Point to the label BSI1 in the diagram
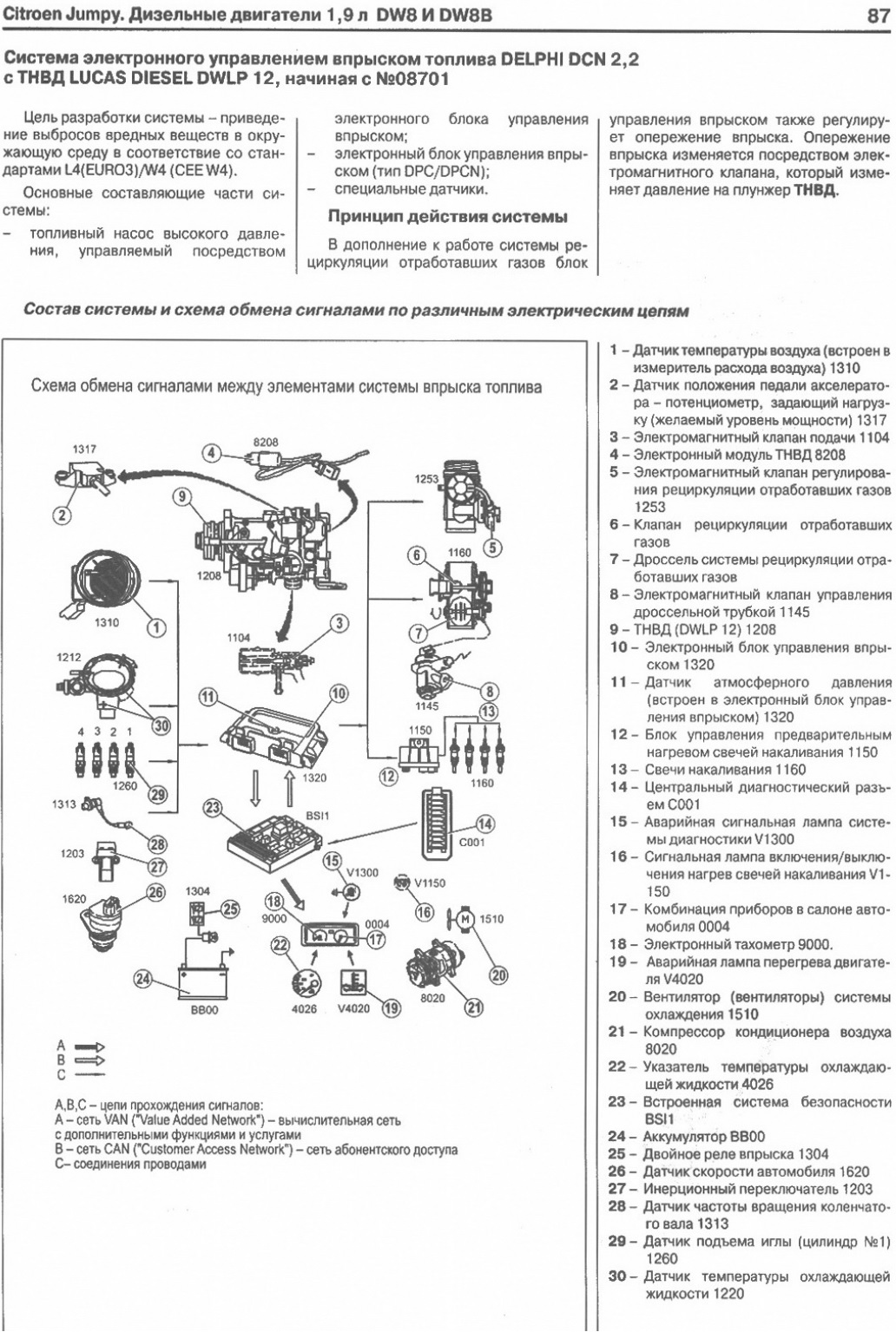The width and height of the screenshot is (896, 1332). pyautogui.click(x=318, y=817)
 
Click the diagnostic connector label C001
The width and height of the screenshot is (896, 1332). pyautogui.click(x=471, y=842)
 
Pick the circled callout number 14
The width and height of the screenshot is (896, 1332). pyautogui.click(x=486, y=823)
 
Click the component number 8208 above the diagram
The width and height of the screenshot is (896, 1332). pyautogui.click(x=266, y=442)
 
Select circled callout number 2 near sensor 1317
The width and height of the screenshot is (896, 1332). pyautogui.click(x=61, y=515)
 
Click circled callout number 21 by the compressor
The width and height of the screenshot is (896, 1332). pyautogui.click(x=475, y=1007)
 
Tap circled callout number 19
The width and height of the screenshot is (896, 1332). pyautogui.click(x=392, y=1008)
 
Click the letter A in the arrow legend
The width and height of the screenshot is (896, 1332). pyautogui.click(x=61, y=1046)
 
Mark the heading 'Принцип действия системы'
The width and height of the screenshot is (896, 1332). pyautogui.click(x=447, y=216)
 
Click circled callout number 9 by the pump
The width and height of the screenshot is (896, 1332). pyautogui.click(x=181, y=496)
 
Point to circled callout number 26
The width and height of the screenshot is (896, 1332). pyautogui.click(x=155, y=891)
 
